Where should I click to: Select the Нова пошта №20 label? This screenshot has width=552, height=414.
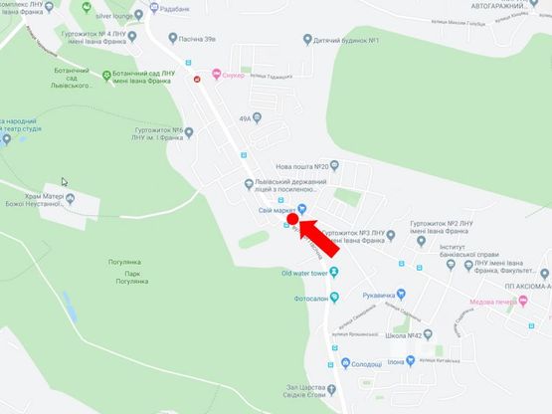click(x=308, y=165)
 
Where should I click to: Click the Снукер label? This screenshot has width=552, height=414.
click(x=233, y=77)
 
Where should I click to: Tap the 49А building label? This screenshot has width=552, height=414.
click(x=247, y=118)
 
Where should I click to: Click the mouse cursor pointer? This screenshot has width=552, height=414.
click(x=66, y=183)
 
